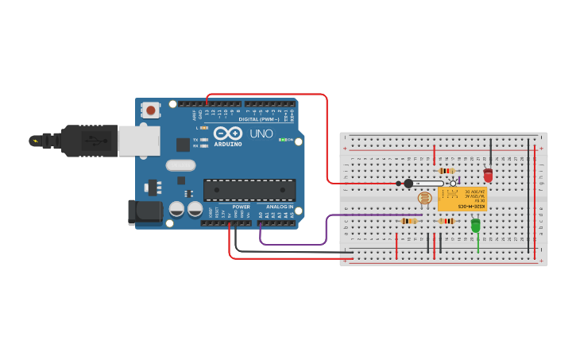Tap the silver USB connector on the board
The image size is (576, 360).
point(138,141)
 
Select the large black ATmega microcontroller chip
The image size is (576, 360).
point(249,190)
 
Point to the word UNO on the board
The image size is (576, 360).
point(261,134)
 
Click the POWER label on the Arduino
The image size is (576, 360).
point(241,207)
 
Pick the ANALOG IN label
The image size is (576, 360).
point(279,207)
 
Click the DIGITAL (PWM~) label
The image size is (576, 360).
point(258,118)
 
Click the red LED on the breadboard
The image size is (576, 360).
point(488,175)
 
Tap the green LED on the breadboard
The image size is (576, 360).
point(476,226)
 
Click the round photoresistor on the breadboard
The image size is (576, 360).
point(425,199)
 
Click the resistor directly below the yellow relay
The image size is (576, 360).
point(446,221)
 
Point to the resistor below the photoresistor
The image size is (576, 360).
point(410,221)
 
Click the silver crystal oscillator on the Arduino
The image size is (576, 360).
point(180,165)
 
